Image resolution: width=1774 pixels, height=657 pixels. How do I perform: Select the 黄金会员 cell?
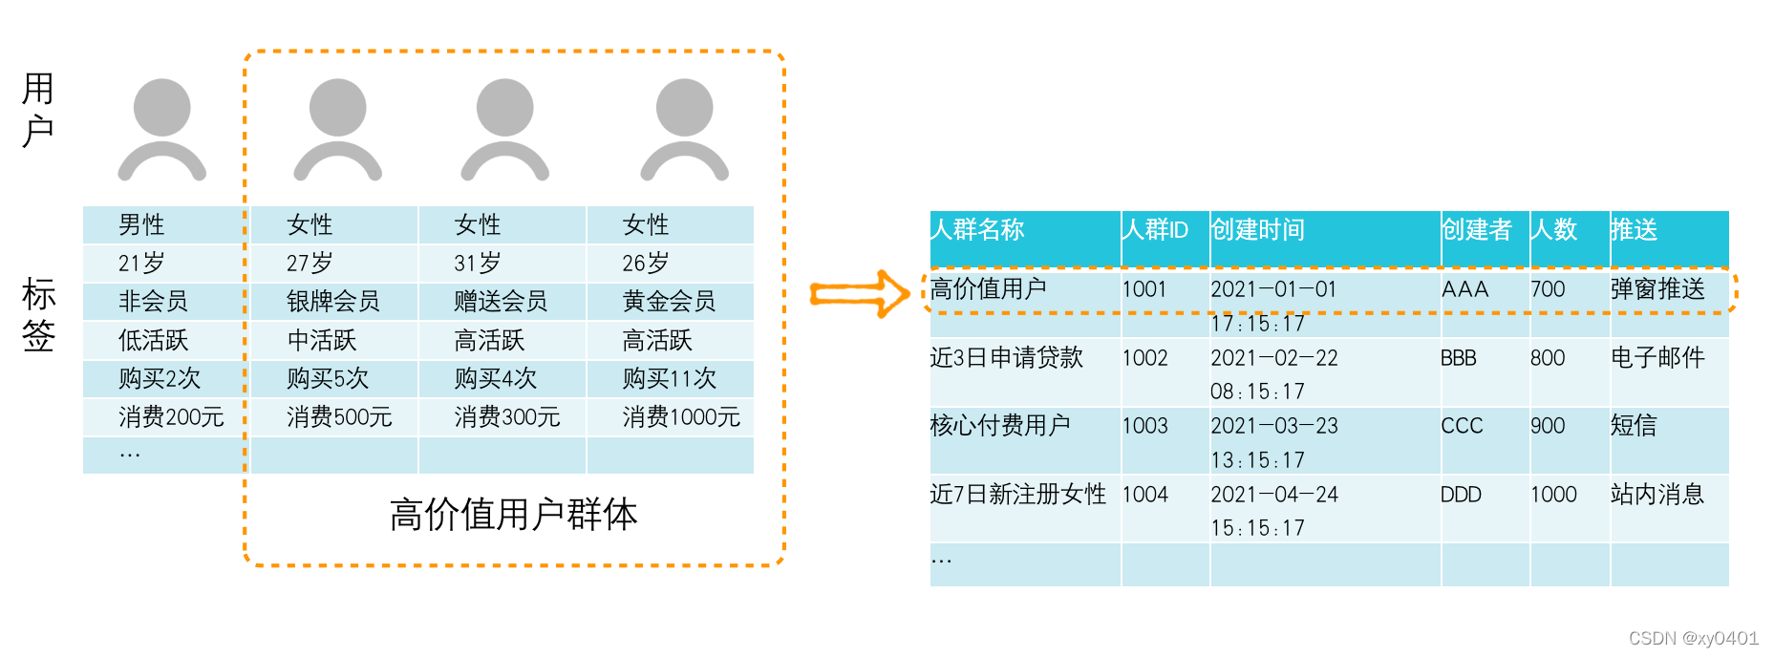[x=669, y=302]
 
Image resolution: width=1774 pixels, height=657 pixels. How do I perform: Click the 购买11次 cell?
[x=669, y=379]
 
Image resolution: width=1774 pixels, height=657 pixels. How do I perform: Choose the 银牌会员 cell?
[x=332, y=302]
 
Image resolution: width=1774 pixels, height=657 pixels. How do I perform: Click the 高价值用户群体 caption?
[x=513, y=515]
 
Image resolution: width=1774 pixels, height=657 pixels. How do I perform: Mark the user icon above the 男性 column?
[x=162, y=129]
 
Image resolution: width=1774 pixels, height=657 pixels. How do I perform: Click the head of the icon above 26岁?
[x=684, y=107]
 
